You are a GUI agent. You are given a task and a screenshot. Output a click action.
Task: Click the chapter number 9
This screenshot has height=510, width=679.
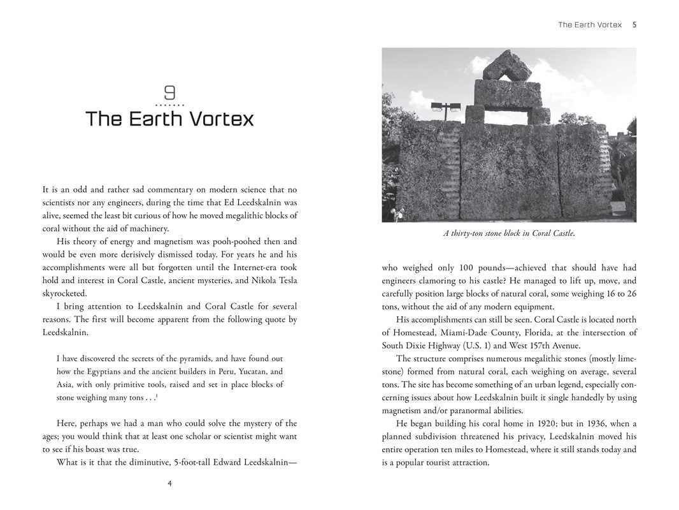click(x=169, y=93)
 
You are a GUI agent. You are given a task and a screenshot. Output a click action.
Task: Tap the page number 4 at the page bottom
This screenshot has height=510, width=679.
click(x=169, y=483)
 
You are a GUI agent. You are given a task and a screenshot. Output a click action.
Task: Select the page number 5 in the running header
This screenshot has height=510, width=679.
click(x=634, y=25)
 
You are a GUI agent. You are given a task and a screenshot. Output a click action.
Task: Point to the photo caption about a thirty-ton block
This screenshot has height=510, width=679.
click(x=509, y=233)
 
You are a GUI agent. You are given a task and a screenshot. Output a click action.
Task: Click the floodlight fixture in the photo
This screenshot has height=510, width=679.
click(x=446, y=107)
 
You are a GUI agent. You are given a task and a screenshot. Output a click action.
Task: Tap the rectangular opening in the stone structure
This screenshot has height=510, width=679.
click(x=506, y=117)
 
